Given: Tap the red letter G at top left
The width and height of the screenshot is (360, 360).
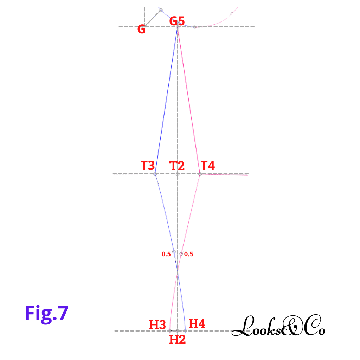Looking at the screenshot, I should tap(141, 30).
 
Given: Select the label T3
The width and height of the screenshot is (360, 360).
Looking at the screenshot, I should tap(148, 166).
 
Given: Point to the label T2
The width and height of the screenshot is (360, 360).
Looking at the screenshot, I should tap(177, 166).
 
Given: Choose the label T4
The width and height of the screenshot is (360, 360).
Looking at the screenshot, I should tap(208, 166).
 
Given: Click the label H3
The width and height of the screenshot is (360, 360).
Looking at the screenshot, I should tap(157, 324).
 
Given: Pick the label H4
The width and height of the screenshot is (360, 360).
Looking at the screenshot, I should tap(197, 324).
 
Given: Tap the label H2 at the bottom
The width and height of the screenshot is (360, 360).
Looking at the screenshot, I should tap(177, 340).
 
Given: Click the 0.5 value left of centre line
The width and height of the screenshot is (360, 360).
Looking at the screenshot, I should tap(166, 254).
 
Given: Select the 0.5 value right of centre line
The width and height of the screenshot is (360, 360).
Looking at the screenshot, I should tap(189, 254).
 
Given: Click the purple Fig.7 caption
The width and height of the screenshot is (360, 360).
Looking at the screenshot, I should tap(46, 313).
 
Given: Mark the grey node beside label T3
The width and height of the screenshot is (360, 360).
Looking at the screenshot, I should tap(155, 174).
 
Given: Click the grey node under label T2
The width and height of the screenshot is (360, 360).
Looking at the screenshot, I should tap(178, 174).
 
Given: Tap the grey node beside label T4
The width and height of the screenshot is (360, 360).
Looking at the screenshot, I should tap(200, 174).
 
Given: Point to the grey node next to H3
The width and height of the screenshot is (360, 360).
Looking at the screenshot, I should tap(170, 330).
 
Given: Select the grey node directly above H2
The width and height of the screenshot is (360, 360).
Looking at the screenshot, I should tap(178, 331).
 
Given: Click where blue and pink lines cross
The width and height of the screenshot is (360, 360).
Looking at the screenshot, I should tap(178, 271).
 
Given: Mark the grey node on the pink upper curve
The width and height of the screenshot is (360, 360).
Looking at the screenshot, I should tap(231, 14).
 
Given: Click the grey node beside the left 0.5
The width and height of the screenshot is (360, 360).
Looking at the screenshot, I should tap(174, 252).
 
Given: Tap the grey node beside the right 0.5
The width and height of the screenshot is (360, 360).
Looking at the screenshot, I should tap(181, 253).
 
